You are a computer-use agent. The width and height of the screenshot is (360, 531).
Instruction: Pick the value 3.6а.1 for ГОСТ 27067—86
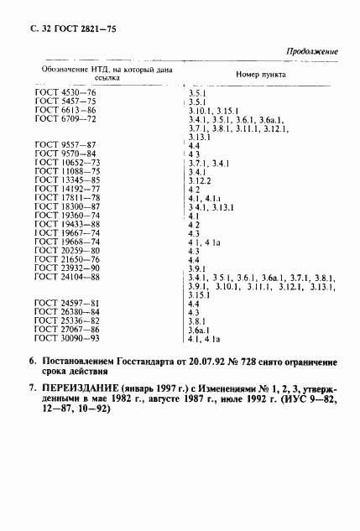(x=201, y=330)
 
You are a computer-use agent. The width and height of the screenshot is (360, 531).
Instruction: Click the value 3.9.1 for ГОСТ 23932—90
(x=198, y=268)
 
